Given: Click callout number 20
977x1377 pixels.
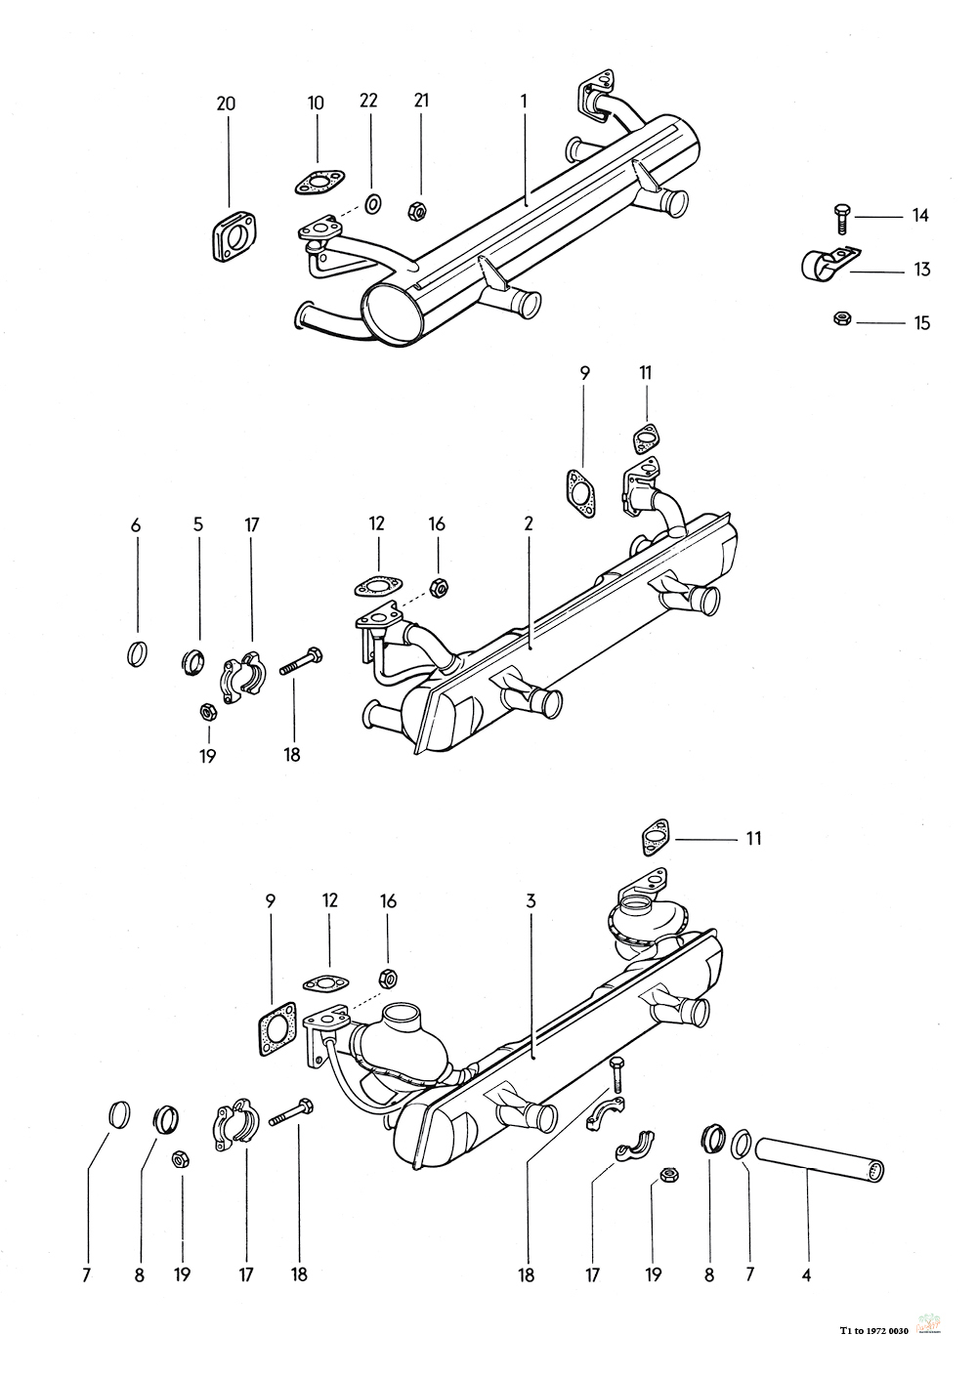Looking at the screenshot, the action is click(x=226, y=104).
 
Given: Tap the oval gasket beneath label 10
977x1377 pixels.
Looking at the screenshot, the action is click(x=318, y=182).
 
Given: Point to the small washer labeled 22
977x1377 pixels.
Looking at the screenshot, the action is click(x=373, y=203).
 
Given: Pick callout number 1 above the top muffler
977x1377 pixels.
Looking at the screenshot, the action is click(x=525, y=102).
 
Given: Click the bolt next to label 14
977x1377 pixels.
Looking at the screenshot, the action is click(x=840, y=218).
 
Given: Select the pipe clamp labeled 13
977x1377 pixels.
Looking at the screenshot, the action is click(x=827, y=263).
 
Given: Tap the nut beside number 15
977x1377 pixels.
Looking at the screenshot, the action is click(x=841, y=319).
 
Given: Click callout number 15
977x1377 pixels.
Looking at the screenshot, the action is click(x=921, y=322).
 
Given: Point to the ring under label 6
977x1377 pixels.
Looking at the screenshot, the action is click(x=137, y=653).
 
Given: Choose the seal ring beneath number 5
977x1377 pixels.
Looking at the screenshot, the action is click(x=194, y=661).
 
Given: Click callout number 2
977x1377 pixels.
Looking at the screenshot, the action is click(x=529, y=523).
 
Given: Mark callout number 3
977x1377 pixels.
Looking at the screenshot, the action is click(x=531, y=901).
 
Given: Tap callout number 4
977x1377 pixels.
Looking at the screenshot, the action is click(x=806, y=1274).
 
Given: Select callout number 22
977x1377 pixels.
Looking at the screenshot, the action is click(x=368, y=101).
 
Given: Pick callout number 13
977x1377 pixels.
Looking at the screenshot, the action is click(x=921, y=270).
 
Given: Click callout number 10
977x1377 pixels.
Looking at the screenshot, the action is click(x=316, y=102).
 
